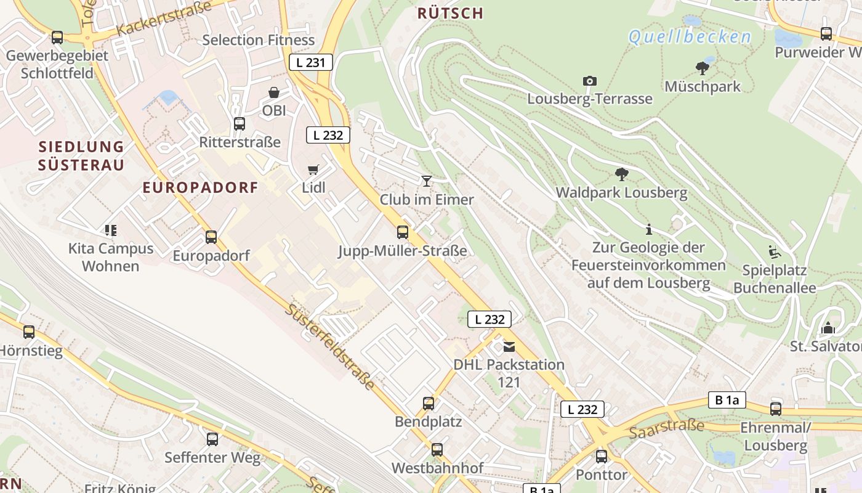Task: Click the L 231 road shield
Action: (311, 62)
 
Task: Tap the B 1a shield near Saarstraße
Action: (727, 400)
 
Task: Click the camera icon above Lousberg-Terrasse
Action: (589, 81)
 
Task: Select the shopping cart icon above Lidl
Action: (313, 169)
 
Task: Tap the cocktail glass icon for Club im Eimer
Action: (426, 181)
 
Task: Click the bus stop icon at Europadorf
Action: (211, 237)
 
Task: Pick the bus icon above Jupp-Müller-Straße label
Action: (403, 232)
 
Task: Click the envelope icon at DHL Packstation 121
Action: (509, 347)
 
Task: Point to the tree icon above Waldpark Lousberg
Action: (621, 174)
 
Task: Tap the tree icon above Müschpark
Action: (702, 68)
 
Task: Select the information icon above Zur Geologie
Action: (648, 230)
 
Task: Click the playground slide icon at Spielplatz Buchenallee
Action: (774, 252)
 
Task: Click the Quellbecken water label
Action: (690, 37)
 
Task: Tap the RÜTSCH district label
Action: (450, 13)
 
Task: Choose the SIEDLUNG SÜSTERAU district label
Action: (81, 156)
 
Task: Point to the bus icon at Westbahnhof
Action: (437, 450)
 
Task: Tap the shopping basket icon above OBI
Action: (274, 92)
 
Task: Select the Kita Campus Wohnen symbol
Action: (111, 230)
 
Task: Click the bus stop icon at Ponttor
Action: (602, 457)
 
